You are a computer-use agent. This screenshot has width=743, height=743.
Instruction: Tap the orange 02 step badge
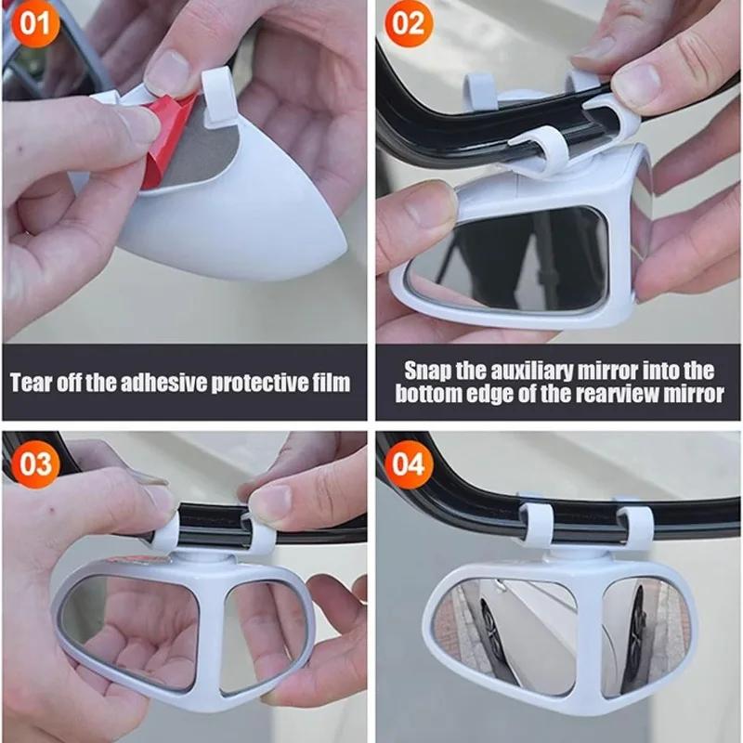pyautogui.click(x=409, y=24)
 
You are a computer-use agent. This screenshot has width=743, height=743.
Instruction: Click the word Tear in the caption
pyautogui.click(x=35, y=382)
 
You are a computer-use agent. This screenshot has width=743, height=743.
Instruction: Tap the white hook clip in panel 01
pyautogui.click(x=216, y=98)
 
